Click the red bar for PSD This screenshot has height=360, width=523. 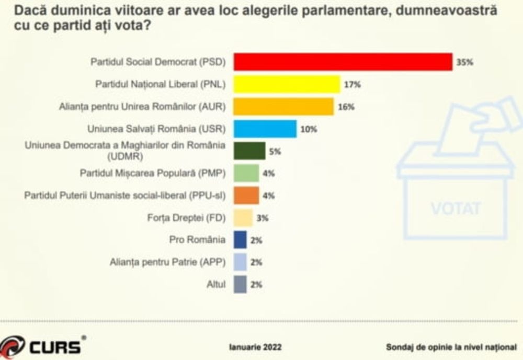pos(343,62)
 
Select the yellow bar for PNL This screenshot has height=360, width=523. pos(287,84)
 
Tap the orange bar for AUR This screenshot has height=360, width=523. pos(283,106)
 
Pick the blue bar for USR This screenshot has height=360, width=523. pos(265,129)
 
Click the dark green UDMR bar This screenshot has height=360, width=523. pos(249,151)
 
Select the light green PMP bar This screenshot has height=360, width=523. pos(246,173)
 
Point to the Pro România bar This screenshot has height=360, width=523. pos(240,240)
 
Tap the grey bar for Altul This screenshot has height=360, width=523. pos(240,285)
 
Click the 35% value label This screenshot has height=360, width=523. pos(464,62)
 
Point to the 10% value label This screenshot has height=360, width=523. pos(309,129)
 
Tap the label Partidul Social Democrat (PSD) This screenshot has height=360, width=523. pos(157,62)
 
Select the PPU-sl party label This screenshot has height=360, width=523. pos(125,195)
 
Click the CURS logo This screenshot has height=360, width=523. pos(42,346)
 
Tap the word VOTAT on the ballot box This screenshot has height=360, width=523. pos(456,208)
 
